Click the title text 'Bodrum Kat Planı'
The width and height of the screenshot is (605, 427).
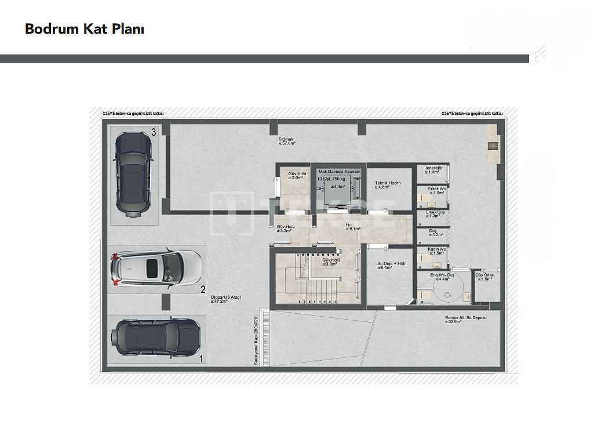(84, 29)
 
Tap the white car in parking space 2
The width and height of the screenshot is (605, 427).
(156, 268)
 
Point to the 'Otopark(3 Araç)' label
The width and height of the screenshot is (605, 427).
(225, 298)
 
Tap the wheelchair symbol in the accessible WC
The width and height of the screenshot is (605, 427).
(446, 294)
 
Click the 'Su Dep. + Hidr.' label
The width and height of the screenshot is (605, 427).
(391, 265)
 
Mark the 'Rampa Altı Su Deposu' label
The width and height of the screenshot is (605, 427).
(465, 319)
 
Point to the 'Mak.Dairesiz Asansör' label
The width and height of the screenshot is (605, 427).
(339, 172)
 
